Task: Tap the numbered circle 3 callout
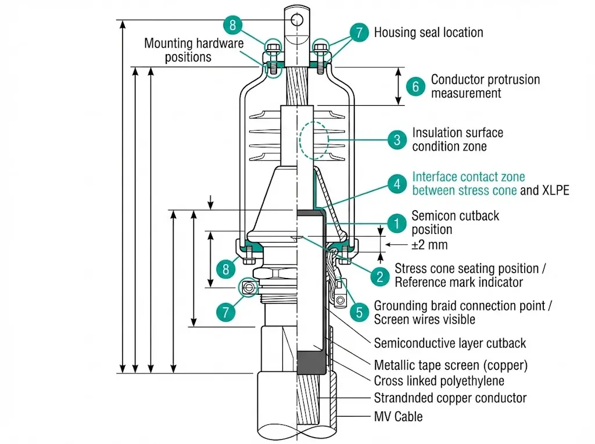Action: point(397,140)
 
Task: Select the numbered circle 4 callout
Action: point(397,184)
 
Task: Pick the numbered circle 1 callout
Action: point(397,223)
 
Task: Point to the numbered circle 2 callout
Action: point(380,276)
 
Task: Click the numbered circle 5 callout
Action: point(359,312)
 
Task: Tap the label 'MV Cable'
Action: point(398,417)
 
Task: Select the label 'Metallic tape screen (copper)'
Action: point(451,366)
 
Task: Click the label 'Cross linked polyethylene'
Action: point(439,381)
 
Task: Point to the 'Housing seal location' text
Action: point(428,33)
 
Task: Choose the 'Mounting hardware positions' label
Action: point(194,50)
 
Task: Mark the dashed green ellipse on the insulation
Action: point(314,140)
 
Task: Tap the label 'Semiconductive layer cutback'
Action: point(450,343)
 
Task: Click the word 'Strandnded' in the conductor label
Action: point(402,398)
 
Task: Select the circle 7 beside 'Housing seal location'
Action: point(359,32)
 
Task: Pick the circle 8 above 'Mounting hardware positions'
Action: point(232,26)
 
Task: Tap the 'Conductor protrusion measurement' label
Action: point(485,86)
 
